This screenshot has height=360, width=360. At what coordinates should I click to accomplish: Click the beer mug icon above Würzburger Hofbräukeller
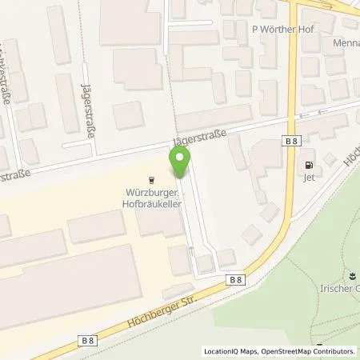click(x=153, y=181)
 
